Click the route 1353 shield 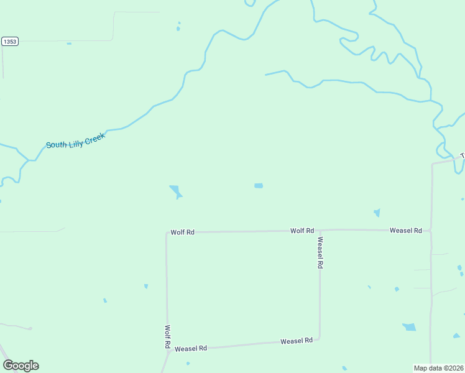(x=9, y=42)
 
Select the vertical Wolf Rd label (x=167, y=336)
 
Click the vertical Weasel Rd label (x=320, y=252)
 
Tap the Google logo (x=21, y=366)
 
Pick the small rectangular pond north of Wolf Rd (x=259, y=185)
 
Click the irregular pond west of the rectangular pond (x=175, y=191)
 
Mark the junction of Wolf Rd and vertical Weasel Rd (x=320, y=231)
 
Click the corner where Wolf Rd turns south (x=167, y=233)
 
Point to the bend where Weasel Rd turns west (x=320, y=339)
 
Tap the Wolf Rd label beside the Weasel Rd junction (x=302, y=231)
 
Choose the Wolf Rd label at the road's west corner (x=183, y=233)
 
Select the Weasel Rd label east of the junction (x=406, y=231)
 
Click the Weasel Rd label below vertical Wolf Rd (x=190, y=349)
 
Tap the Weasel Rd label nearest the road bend (x=296, y=341)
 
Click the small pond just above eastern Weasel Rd (x=377, y=213)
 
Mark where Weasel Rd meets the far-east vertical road (x=431, y=231)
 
